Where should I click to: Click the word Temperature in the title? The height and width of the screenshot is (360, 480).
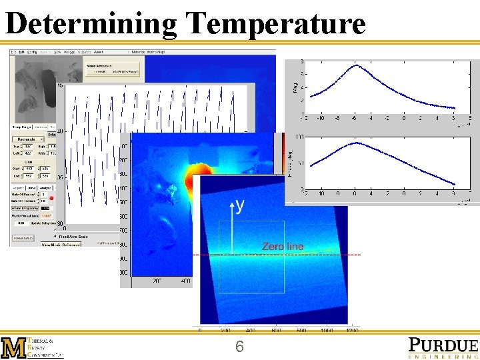276,24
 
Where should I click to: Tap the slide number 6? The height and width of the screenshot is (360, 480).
239,347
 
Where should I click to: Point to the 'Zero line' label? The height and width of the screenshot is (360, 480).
283,247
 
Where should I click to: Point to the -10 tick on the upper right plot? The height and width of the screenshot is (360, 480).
321,118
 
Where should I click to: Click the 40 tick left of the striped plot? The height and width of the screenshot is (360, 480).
60,131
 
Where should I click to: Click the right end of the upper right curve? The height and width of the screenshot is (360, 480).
455,107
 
